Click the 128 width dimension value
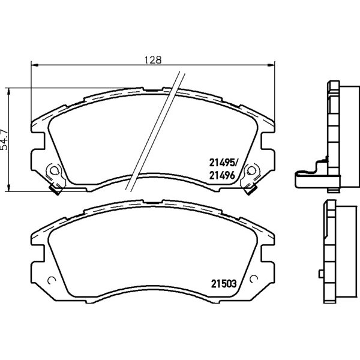153,60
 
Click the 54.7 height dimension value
4,140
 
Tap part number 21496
222,176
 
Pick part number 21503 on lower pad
224,284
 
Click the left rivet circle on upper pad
54,170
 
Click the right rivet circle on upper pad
251,170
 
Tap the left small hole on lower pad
51,280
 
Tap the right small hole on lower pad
254,279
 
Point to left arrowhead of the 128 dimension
34,65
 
